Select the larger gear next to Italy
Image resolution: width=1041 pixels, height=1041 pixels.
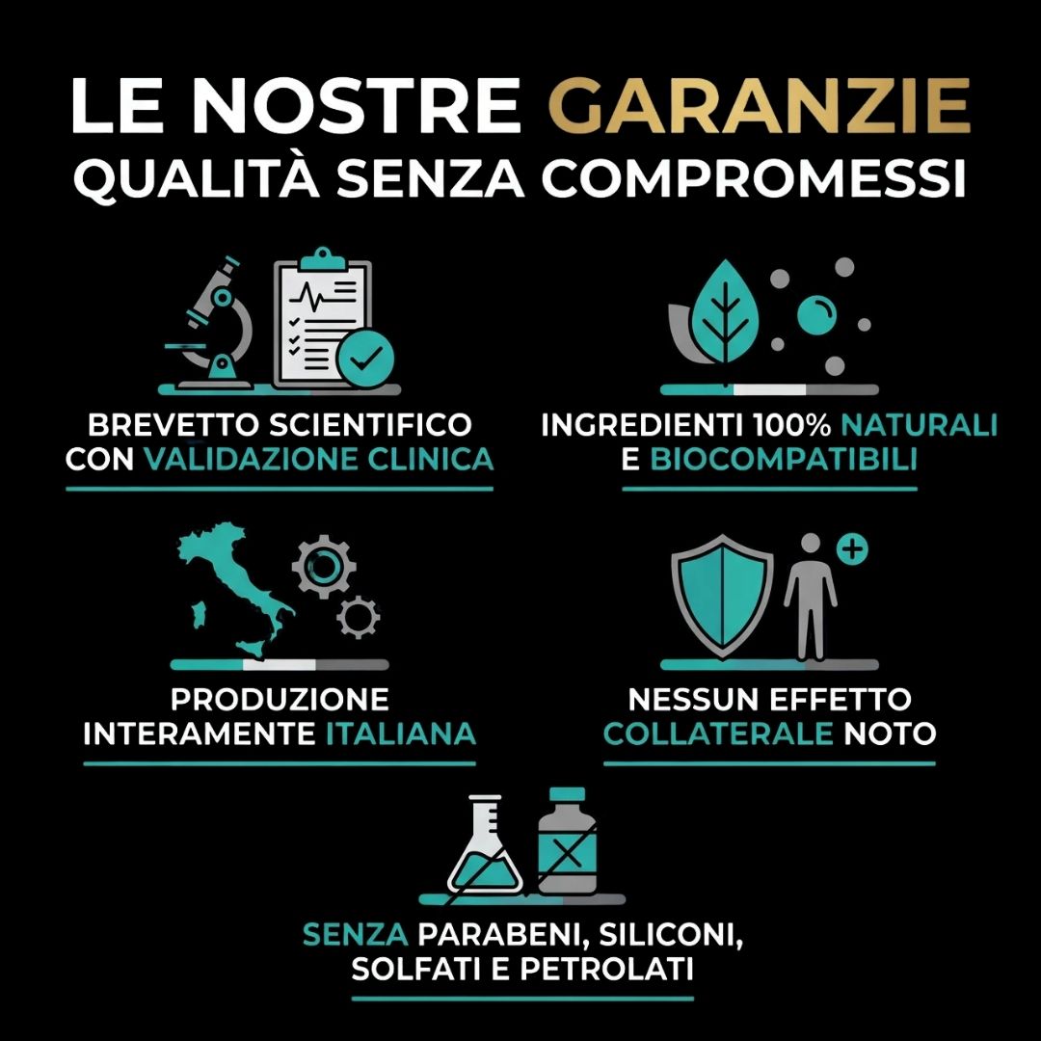(325, 568)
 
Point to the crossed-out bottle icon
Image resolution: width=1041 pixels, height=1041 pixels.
(568, 843)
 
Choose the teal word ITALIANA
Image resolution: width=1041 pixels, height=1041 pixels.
(401, 734)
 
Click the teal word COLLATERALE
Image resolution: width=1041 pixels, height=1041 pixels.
(718, 734)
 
